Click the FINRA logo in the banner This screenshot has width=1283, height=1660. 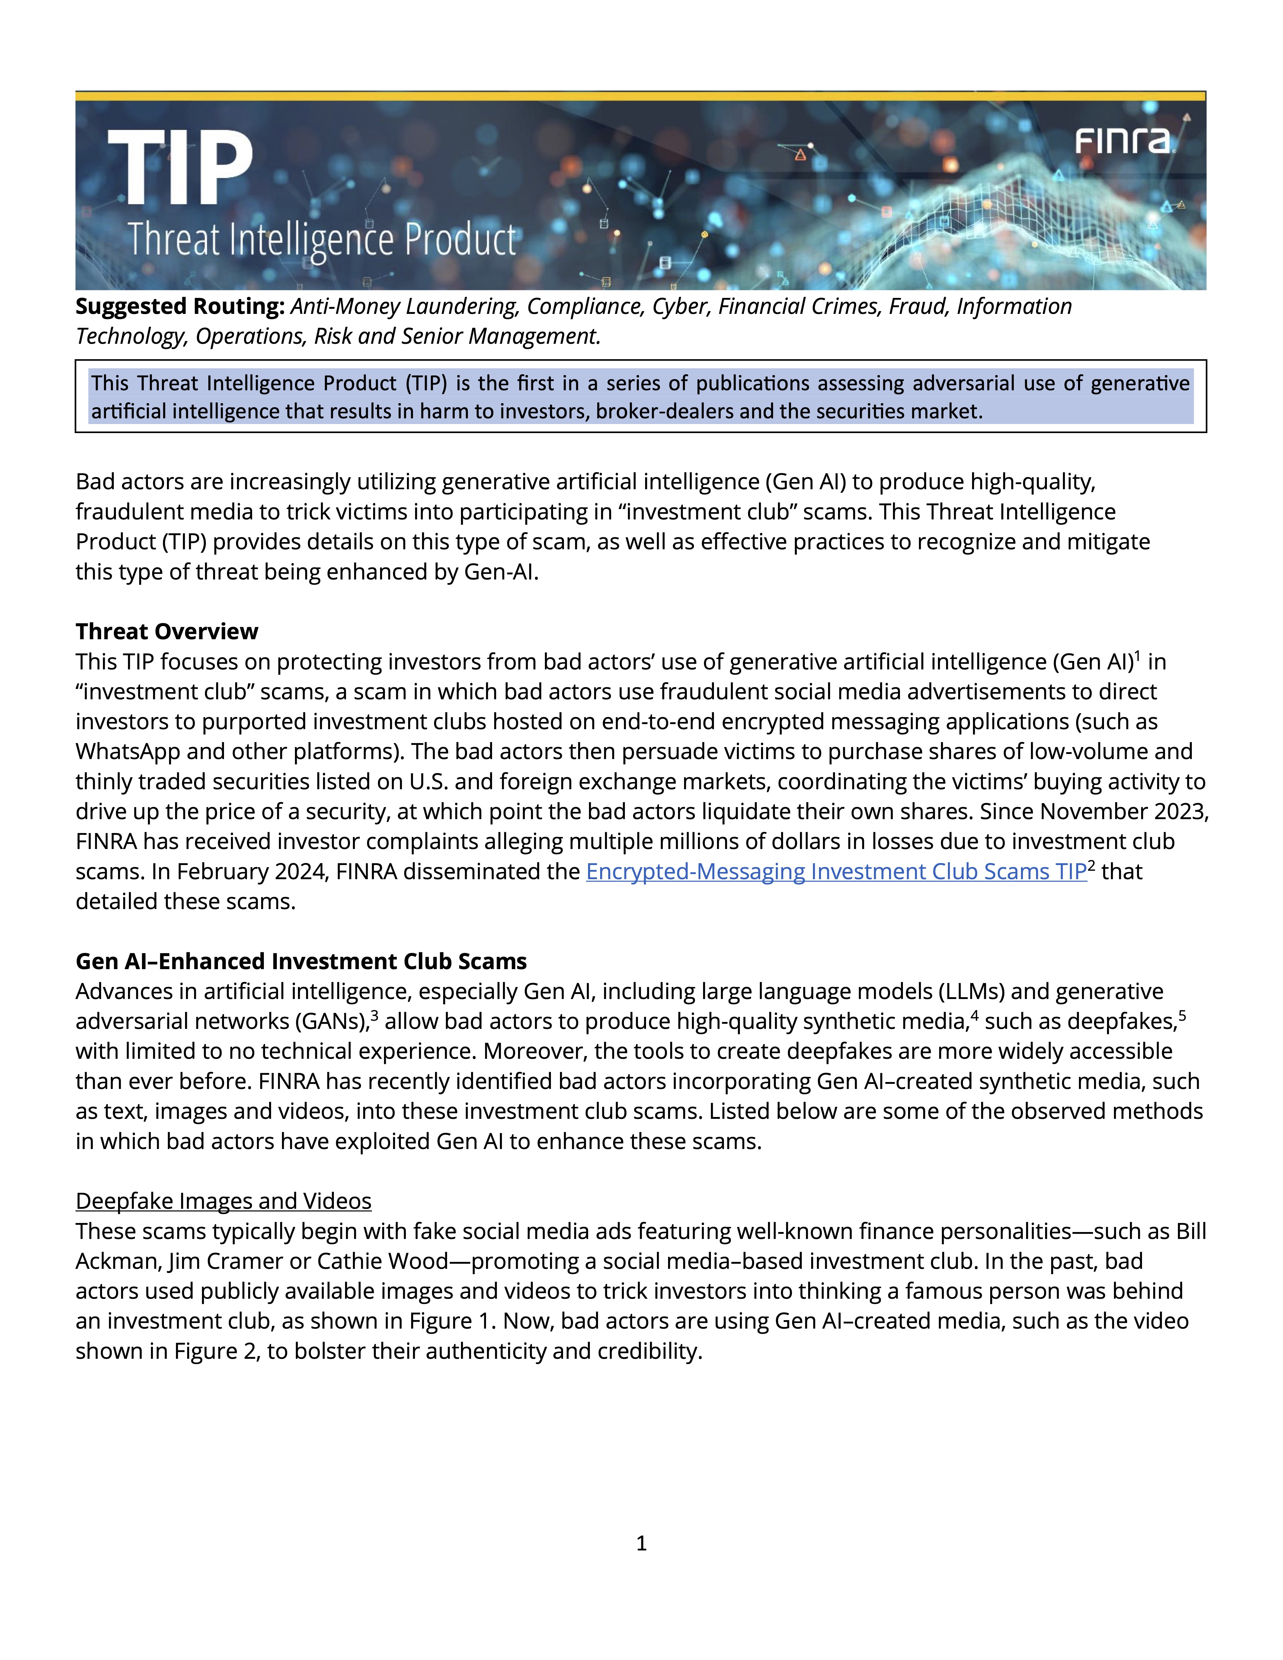coord(1123,141)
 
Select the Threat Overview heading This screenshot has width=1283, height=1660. coord(166,632)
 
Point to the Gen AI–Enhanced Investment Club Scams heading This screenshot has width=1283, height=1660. coord(301,962)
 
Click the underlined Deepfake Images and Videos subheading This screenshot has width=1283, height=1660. coord(223,1201)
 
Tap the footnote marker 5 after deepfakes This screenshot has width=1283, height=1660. coord(1182,1014)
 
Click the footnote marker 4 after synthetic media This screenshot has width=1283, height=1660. coord(974,1014)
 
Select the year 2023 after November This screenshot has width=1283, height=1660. coord(1180,812)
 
